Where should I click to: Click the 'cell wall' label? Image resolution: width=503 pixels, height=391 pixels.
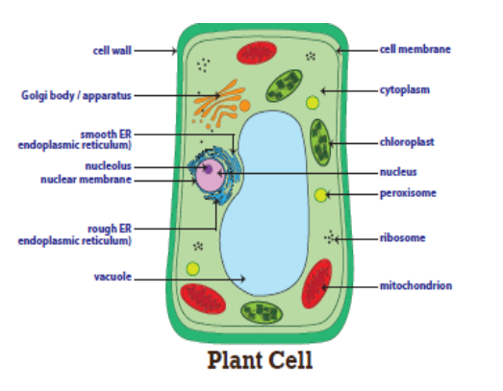tap(112, 51)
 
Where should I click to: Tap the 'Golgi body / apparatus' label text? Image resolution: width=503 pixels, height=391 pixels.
tap(76, 95)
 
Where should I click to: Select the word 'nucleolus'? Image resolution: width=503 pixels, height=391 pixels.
tap(109, 166)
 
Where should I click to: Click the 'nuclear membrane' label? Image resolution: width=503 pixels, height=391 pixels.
tap(87, 180)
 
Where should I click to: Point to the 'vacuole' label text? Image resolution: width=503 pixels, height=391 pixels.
tap(113, 277)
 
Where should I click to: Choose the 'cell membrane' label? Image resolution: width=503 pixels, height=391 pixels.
tap(415, 49)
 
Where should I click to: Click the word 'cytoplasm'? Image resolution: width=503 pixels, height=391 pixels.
tap(405, 90)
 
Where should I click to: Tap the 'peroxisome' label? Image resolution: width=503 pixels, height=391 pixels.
tap(408, 193)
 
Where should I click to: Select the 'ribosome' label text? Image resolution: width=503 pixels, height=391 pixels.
tap(403, 238)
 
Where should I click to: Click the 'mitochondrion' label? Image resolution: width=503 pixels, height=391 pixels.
tap(415, 285)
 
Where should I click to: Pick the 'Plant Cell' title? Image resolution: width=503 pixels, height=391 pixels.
tap(260, 360)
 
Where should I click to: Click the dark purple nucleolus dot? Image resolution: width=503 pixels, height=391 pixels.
tap(208, 169)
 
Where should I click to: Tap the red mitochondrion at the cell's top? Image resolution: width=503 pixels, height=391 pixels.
tap(257, 53)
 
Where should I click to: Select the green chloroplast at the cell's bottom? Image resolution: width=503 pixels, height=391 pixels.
tap(262, 312)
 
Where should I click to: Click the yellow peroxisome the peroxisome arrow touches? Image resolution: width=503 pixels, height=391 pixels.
tap(320, 195)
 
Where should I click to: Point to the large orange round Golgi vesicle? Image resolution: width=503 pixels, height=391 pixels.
tap(244, 106)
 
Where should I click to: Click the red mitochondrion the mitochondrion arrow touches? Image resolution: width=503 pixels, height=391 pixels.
tap(317, 283)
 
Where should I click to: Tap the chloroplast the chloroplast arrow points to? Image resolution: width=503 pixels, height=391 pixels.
tap(320, 142)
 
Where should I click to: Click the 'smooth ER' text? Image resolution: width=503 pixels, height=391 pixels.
tap(106, 134)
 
